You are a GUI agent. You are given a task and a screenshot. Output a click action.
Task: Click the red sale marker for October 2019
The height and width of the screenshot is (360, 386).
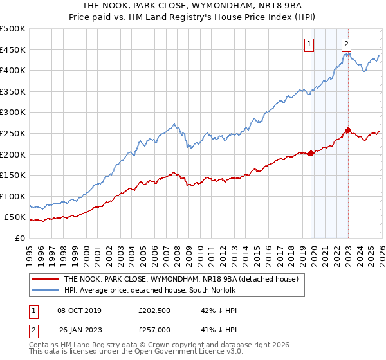click(311, 153)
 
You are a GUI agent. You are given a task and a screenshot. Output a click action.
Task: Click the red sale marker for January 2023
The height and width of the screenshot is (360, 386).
click(348, 130)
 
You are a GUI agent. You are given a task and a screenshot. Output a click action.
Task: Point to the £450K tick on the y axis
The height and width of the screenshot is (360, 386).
click(13, 50)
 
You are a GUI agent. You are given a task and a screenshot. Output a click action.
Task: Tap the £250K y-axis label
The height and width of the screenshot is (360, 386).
click(13, 133)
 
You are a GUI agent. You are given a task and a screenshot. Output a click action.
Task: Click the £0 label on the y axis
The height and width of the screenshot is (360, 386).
click(19, 238)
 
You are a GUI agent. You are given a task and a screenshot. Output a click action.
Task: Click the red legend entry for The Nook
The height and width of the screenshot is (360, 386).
click(181, 280)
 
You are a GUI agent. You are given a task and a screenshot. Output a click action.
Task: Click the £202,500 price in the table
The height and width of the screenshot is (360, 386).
click(153, 310)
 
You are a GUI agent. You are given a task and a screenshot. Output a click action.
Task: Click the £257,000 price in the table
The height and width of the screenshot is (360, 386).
click(153, 328)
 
